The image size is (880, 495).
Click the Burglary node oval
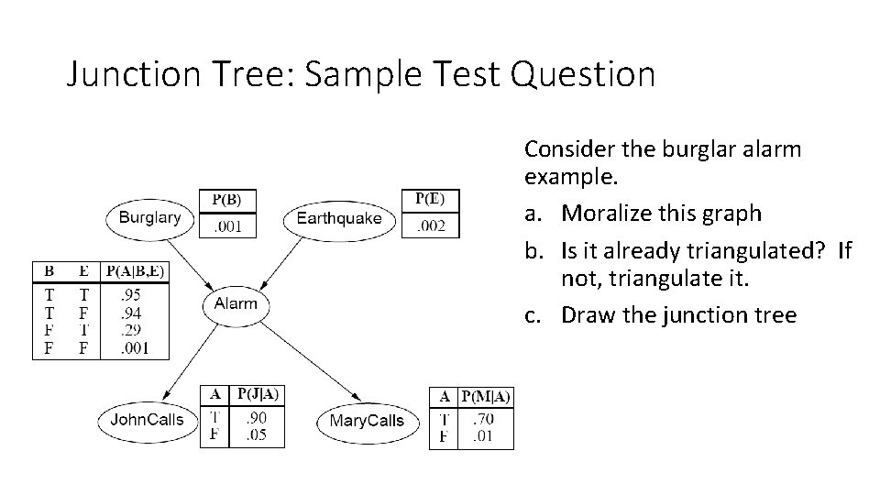click(149, 218)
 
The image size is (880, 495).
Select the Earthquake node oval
click(339, 218)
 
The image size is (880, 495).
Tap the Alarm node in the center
click(236, 303)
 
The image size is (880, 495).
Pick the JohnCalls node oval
click(147, 420)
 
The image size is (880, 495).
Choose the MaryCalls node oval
click(366, 421)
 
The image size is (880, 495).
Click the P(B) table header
click(227, 199)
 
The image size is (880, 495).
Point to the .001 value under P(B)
click(227, 225)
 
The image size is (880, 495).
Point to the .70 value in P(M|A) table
click(481, 420)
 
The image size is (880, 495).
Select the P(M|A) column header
click(486, 396)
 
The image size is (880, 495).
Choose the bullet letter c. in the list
click(532, 315)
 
